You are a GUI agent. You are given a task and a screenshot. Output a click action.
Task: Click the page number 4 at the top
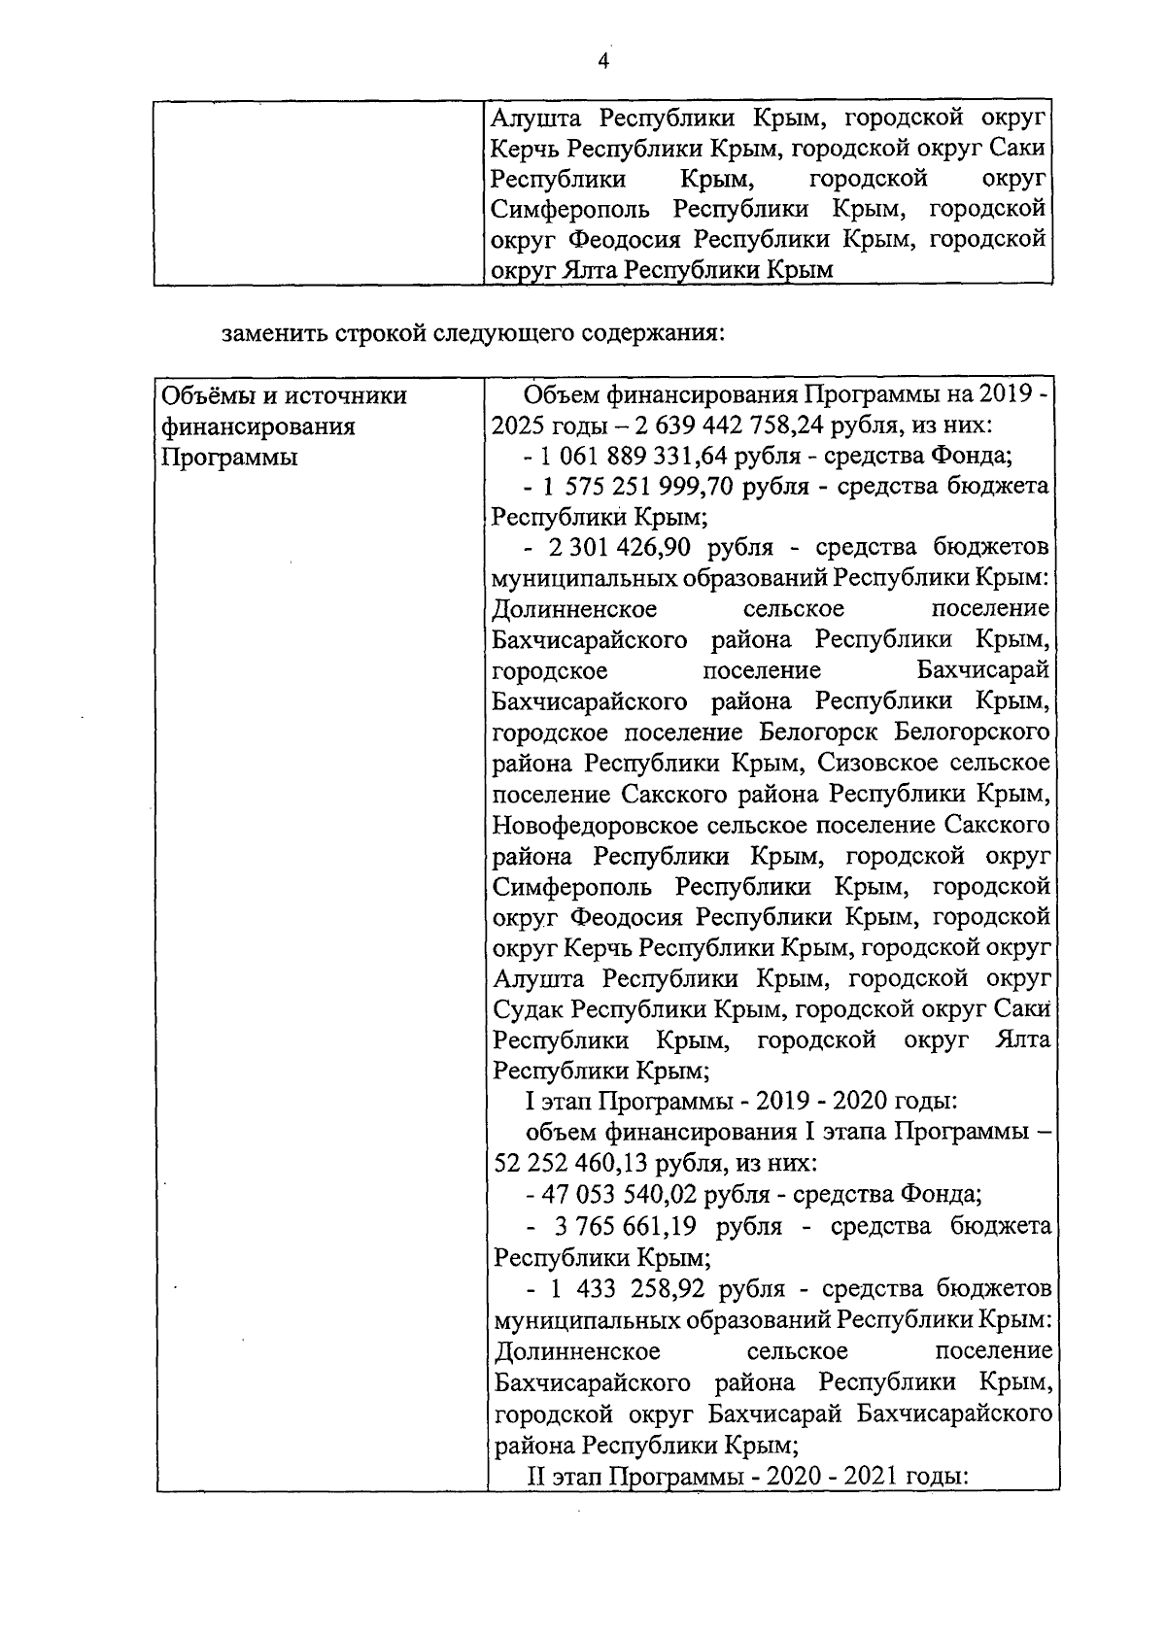(602, 61)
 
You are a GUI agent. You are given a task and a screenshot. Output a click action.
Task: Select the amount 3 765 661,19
(625, 1226)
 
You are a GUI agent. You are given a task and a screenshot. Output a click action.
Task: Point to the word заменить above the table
(276, 333)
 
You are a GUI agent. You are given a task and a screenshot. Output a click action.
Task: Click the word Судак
(530, 1009)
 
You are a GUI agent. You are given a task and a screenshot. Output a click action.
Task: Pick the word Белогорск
(819, 732)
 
